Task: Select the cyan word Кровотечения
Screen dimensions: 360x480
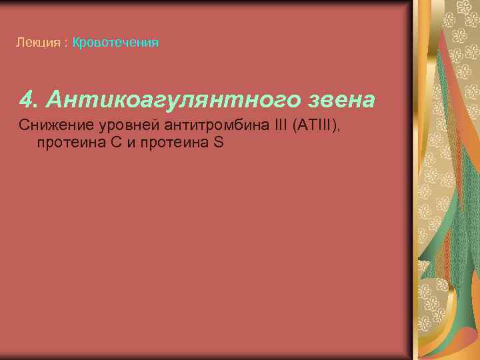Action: pos(115,43)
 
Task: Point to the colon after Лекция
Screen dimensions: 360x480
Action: pos(65,43)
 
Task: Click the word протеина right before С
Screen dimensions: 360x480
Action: pos(67,141)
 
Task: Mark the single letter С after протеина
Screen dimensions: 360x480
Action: pos(115,141)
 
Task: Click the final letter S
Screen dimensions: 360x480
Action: pos(219,141)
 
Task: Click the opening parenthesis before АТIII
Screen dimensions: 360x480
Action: pos(296,125)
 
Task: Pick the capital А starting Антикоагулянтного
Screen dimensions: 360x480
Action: pos(52,100)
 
